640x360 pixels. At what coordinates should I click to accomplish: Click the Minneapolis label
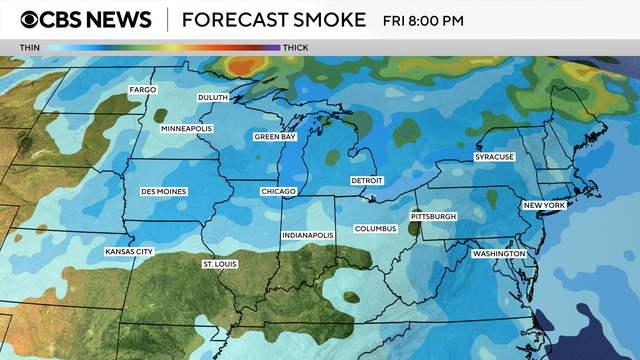pos(186,130)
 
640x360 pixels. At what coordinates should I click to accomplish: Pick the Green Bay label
pos(275,136)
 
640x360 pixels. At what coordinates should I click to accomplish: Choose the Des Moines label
pos(163,190)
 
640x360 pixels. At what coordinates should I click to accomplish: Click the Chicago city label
pos(278,190)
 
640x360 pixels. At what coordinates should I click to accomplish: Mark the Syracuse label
pos(494,158)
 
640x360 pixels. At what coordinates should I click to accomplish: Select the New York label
pos(545,205)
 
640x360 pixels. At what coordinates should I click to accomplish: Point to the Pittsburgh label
pos(434,217)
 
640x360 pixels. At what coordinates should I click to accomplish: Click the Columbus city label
pos(376,229)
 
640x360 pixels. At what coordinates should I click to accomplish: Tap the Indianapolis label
pos(308,235)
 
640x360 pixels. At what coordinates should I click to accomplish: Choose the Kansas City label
pos(129,251)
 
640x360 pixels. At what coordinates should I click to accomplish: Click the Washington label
pos(499,254)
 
